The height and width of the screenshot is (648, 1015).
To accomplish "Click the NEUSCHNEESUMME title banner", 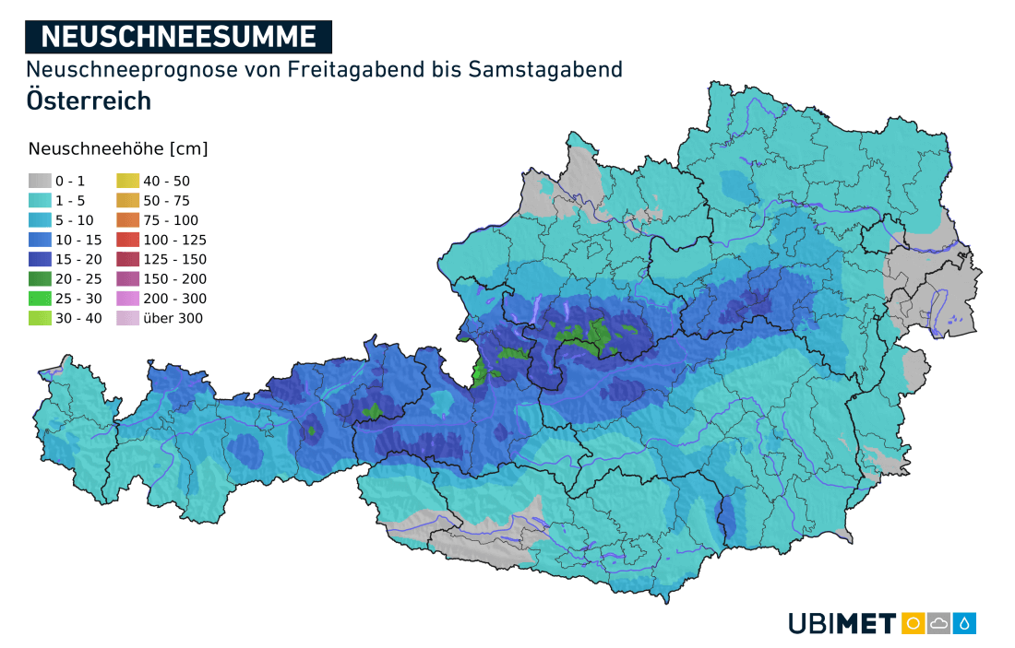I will pyautogui.click(x=179, y=36).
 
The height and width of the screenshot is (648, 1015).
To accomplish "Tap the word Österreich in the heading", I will pyautogui.click(x=89, y=100).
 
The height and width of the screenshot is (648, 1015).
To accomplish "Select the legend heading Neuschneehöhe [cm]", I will pyautogui.click(x=118, y=149).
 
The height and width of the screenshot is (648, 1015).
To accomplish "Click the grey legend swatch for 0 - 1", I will pyautogui.click(x=39, y=182).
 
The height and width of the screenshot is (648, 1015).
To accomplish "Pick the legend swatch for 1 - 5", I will pyautogui.click(x=39, y=201).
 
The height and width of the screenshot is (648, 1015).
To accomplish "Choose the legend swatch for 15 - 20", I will pyautogui.click(x=39, y=259).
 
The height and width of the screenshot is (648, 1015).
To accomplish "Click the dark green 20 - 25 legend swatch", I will pyautogui.click(x=39, y=279).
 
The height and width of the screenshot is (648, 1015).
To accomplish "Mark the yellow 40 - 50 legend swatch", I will pyautogui.click(x=127, y=182).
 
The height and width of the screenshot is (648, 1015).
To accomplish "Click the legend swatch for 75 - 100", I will pyautogui.click(x=127, y=220).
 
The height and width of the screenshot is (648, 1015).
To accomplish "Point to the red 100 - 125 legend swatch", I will pyautogui.click(x=127, y=240).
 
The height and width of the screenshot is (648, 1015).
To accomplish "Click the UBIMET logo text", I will pyautogui.click(x=842, y=624).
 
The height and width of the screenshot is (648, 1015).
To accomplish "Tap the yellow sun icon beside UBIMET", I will pyautogui.click(x=913, y=623).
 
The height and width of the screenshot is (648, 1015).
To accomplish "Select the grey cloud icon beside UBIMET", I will pyautogui.click(x=939, y=623).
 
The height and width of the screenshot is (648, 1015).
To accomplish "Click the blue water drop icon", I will pyautogui.click(x=965, y=623).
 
